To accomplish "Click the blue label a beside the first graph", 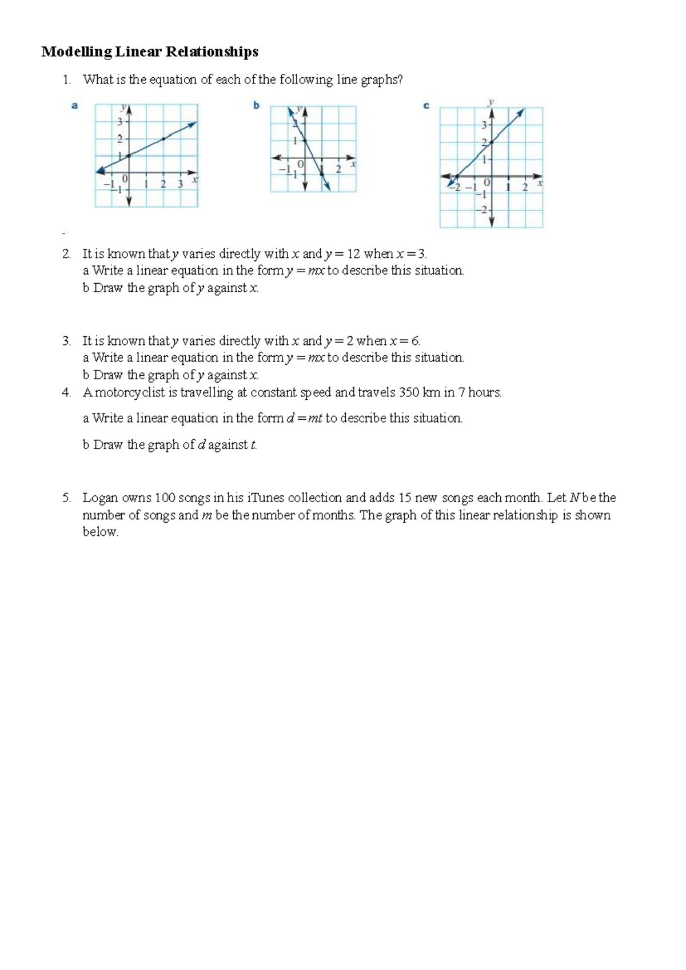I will [x=74, y=106].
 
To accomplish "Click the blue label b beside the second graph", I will [x=257, y=106].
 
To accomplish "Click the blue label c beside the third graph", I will [x=426, y=106].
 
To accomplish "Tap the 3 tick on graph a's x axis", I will [x=180, y=184].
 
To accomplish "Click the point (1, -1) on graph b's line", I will [x=322, y=174].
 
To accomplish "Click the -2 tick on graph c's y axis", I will [x=484, y=210].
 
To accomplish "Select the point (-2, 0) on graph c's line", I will [x=457, y=177].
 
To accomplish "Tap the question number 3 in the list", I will [x=67, y=341].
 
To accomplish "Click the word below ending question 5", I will [x=100, y=532].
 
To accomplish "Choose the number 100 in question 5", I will [x=165, y=498].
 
